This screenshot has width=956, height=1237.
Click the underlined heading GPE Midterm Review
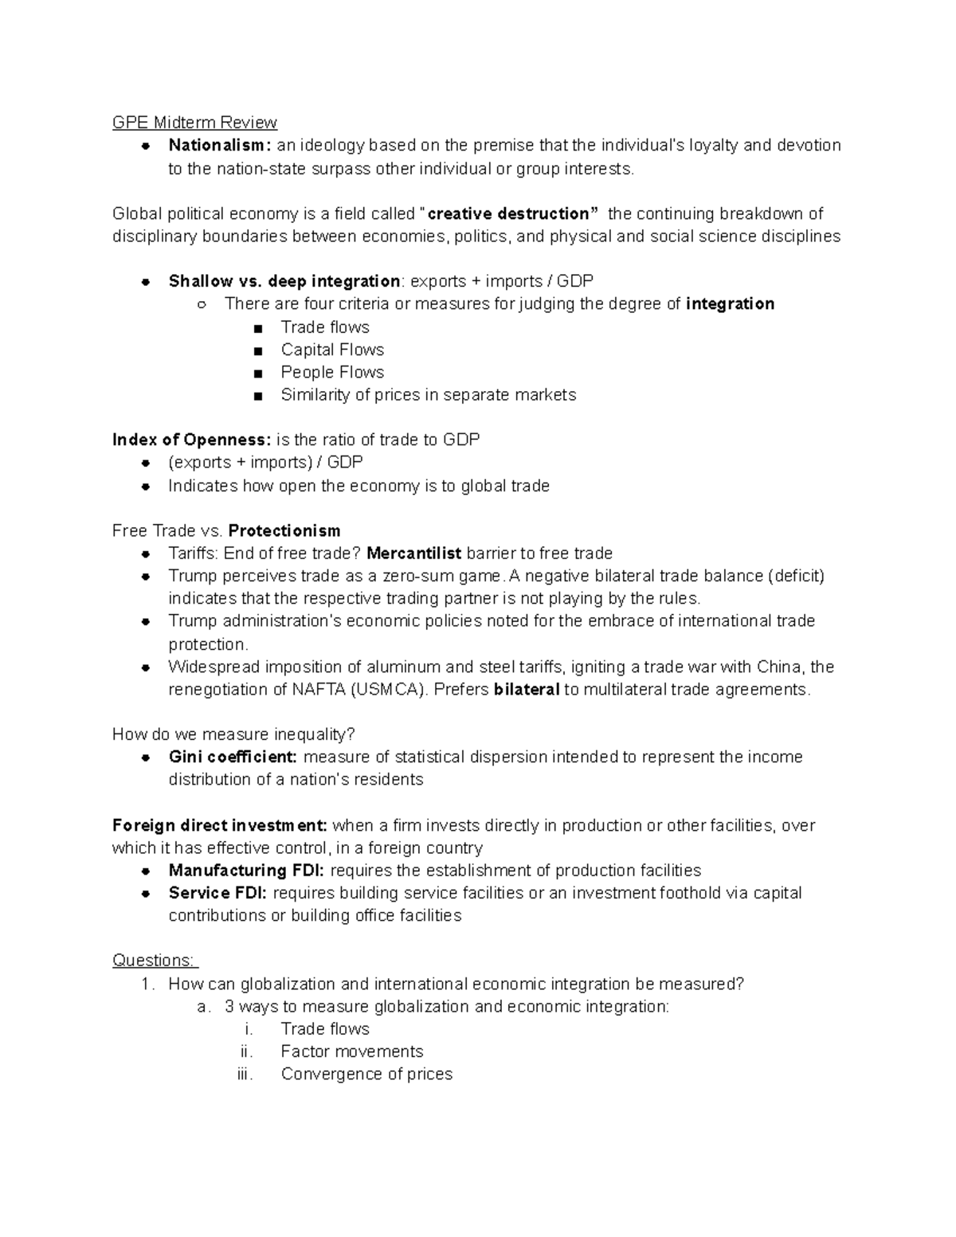(194, 123)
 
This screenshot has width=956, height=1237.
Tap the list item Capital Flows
(332, 350)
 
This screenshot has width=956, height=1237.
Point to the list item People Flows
(332, 372)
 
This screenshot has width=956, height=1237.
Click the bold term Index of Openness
(191, 440)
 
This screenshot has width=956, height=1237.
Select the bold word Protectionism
(284, 530)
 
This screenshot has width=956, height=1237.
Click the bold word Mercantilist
(413, 553)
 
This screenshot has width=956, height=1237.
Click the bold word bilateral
(527, 690)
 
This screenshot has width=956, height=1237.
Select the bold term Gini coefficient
(233, 757)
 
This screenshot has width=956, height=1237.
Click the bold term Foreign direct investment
(219, 825)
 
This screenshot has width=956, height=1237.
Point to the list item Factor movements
(351, 1051)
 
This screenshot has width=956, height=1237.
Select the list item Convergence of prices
(366, 1074)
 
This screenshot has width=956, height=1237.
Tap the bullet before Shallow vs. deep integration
(146, 282)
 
